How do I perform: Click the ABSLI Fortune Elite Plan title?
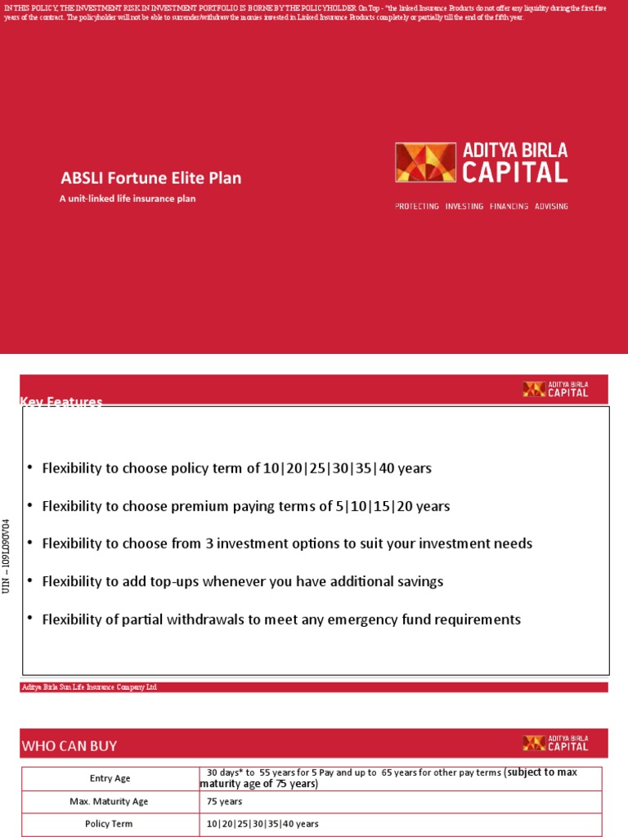pyautogui.click(x=151, y=177)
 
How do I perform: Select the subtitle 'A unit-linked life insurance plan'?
pyautogui.click(x=128, y=198)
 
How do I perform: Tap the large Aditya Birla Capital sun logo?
pyautogui.click(x=425, y=163)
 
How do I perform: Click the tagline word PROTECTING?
pyautogui.click(x=417, y=206)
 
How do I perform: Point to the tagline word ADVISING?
pyautogui.click(x=551, y=206)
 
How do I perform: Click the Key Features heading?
pyautogui.click(x=61, y=401)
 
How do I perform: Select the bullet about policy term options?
pyautogui.click(x=236, y=468)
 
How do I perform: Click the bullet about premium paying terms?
pyautogui.click(x=245, y=506)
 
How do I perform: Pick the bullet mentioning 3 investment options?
pyautogui.click(x=287, y=544)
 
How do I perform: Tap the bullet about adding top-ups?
pyautogui.click(x=242, y=581)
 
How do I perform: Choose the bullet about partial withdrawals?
pyautogui.click(x=280, y=620)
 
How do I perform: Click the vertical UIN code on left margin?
pyautogui.click(x=7, y=557)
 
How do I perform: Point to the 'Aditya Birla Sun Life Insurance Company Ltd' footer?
pyautogui.click(x=88, y=687)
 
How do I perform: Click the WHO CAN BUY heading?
pyautogui.click(x=70, y=745)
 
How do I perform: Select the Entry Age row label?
pyautogui.click(x=110, y=778)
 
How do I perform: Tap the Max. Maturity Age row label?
pyautogui.click(x=110, y=801)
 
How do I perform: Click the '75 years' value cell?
pyautogui.click(x=225, y=801)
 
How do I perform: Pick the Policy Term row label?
pyautogui.click(x=110, y=824)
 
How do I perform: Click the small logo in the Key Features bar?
pyautogui.click(x=556, y=389)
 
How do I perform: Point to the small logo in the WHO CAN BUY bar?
pyautogui.click(x=556, y=743)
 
